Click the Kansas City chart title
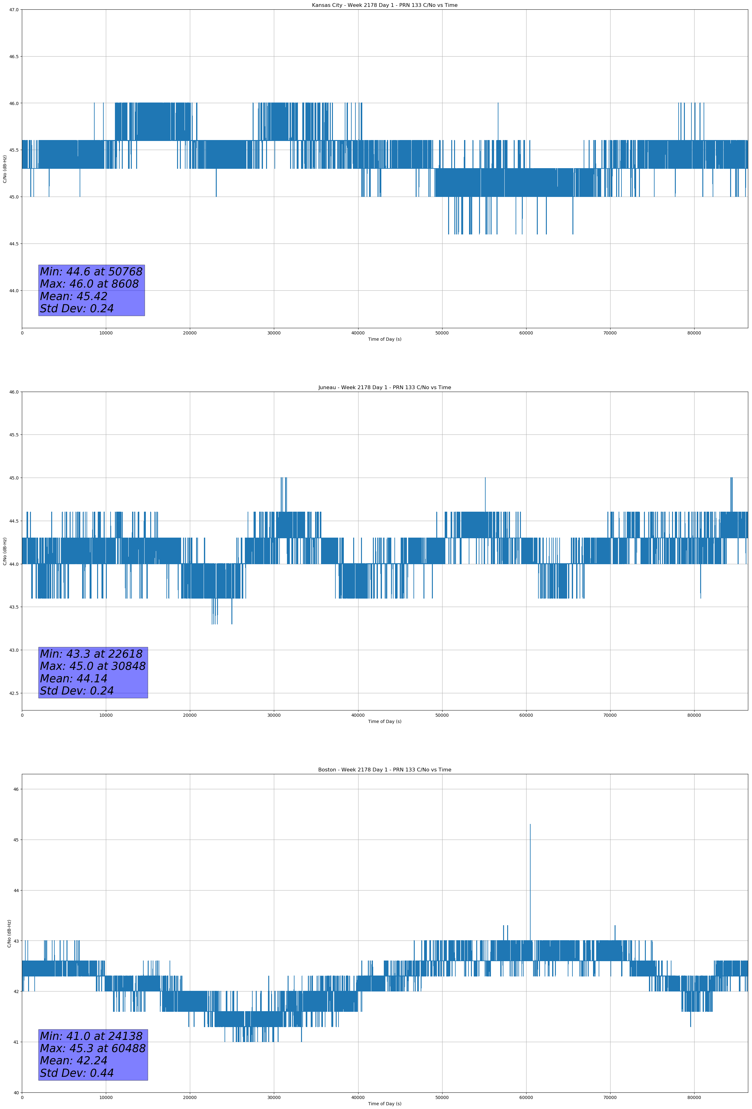tap(384, 5)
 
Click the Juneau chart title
tap(384, 388)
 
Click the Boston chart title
tap(384, 770)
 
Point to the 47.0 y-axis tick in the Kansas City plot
tap(13, 10)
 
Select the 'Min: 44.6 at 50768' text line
tap(91, 272)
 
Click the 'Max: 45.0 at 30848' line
tap(92, 666)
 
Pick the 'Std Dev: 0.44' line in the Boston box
tap(77, 1073)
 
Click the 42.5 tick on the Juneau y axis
tap(13, 693)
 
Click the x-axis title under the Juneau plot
tap(384, 721)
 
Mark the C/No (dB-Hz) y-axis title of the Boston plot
tap(9, 933)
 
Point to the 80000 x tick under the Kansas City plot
tap(694, 333)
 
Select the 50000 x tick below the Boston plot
tap(442, 1097)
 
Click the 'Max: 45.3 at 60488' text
tap(92, 1048)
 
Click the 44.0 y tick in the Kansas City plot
tap(13, 291)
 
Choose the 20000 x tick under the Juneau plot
tap(190, 715)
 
